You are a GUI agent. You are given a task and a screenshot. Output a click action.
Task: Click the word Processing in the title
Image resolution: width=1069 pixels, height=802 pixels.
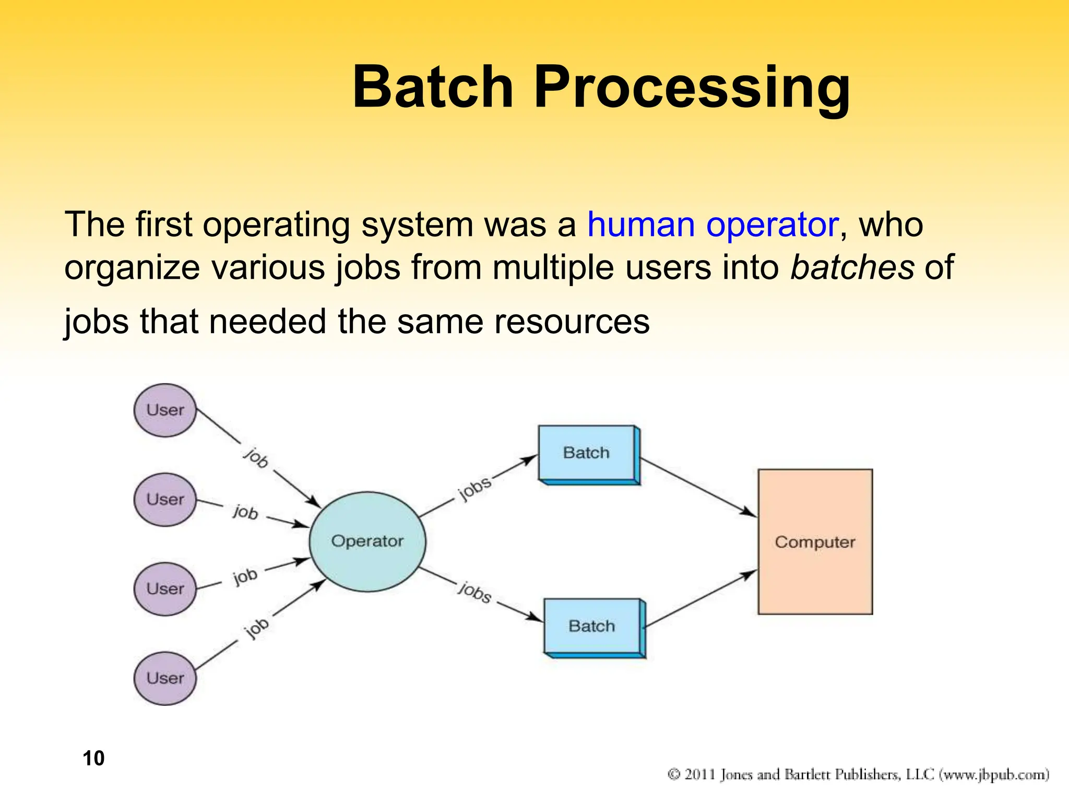(692, 88)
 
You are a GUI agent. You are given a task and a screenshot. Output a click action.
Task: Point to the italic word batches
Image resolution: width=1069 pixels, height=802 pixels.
(852, 267)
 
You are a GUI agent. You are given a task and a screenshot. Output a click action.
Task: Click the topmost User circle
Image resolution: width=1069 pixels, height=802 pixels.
(165, 410)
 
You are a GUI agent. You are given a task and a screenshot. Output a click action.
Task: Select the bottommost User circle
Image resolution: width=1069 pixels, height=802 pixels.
(165, 678)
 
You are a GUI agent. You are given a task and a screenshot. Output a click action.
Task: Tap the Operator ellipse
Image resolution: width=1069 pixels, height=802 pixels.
(367, 541)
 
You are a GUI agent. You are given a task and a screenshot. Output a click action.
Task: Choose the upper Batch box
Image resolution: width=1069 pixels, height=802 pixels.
(586, 453)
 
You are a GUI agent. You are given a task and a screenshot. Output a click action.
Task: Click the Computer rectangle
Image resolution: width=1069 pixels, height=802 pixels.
(815, 541)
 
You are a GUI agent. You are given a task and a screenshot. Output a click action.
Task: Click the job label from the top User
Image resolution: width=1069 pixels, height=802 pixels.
(256, 457)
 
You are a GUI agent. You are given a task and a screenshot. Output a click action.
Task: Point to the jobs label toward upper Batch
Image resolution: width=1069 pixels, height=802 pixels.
(474, 488)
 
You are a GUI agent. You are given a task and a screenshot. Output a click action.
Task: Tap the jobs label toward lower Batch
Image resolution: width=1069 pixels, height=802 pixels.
(475, 592)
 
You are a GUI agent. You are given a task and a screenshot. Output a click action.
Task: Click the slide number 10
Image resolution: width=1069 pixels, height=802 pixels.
(93, 758)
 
